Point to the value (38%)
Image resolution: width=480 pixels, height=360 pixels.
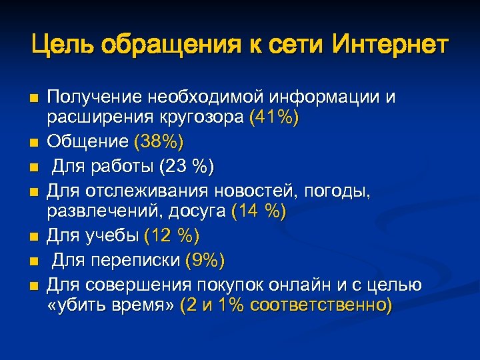click(x=159, y=141)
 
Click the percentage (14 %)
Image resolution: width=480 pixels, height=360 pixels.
click(x=258, y=212)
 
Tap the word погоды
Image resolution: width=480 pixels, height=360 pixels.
click(x=341, y=191)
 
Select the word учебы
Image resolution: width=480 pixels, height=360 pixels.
click(x=111, y=235)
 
